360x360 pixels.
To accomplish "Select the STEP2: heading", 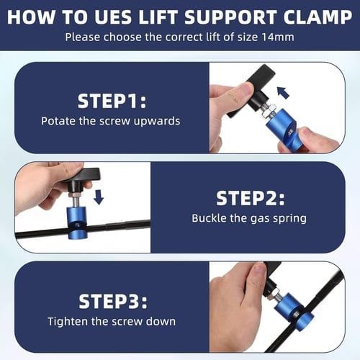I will [251, 198].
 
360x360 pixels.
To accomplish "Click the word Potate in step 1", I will [58, 121].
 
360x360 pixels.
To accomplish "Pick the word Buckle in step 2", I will [210, 217].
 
